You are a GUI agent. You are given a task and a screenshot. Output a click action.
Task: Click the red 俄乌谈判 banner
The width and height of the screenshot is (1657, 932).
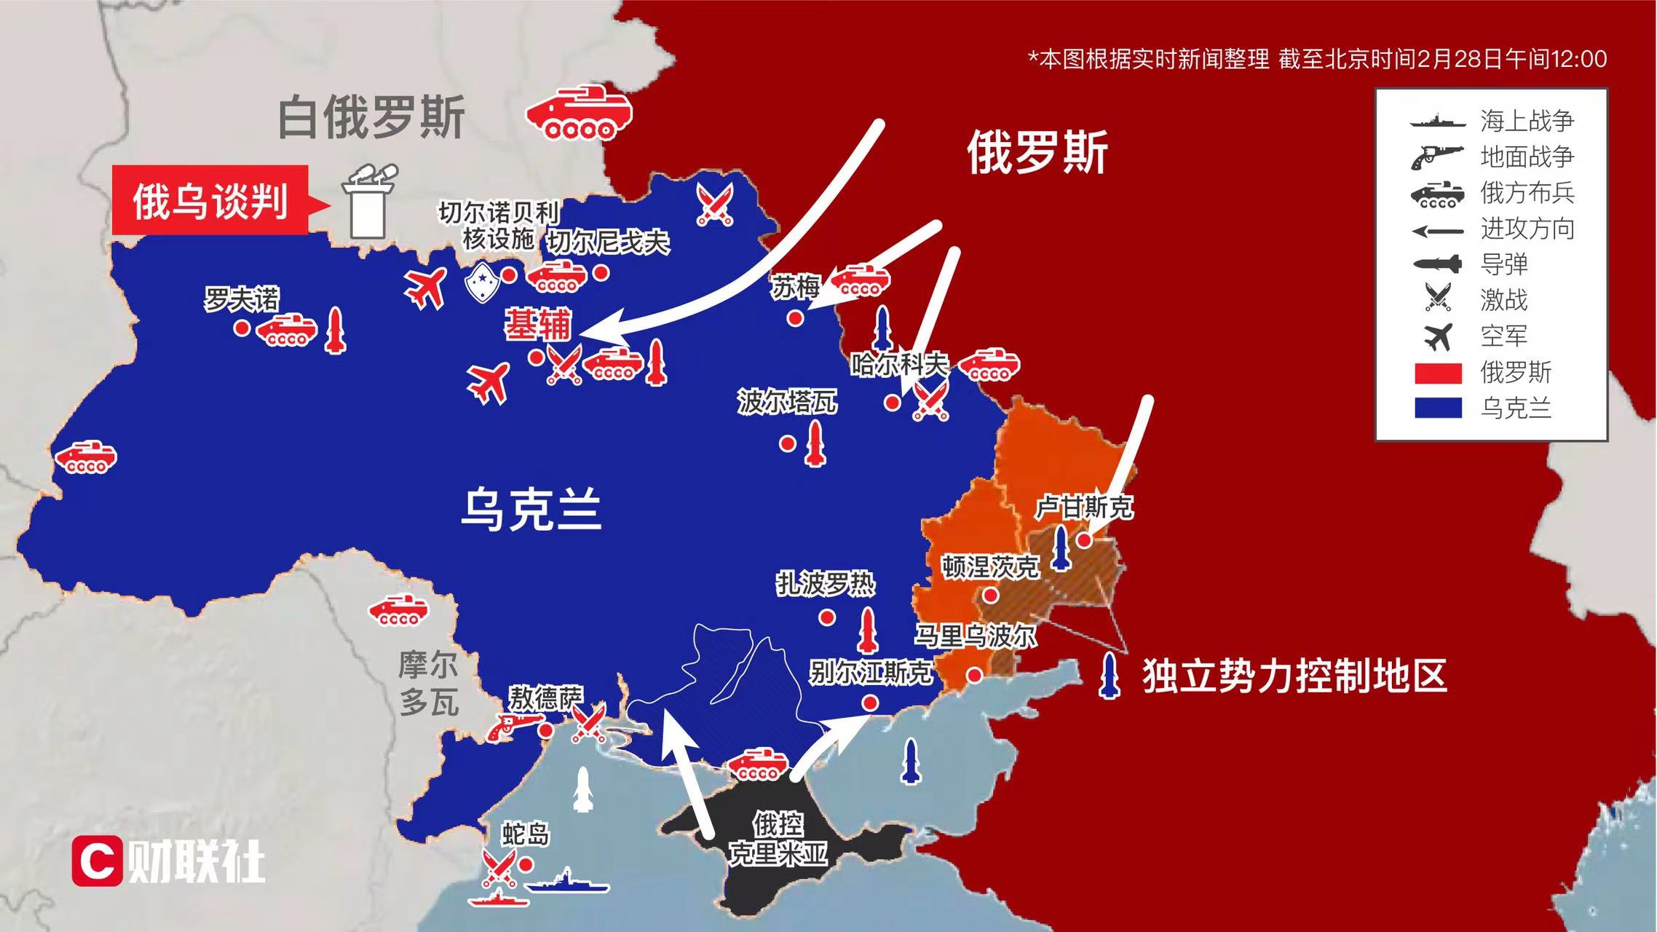pos(210,200)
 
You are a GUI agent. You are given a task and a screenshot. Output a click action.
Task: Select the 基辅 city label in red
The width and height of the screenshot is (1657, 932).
pos(538,325)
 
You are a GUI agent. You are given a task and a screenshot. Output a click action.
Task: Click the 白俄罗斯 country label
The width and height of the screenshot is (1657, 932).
pos(371,118)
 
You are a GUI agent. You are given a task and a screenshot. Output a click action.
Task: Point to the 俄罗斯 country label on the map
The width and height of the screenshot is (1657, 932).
pos(1037,152)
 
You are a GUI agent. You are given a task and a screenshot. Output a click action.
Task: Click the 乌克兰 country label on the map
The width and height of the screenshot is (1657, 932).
pos(531,510)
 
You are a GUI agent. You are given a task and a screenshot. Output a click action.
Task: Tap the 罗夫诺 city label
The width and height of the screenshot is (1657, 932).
pos(241,299)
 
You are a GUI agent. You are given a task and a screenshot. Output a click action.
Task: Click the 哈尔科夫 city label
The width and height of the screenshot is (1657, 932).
pos(900,363)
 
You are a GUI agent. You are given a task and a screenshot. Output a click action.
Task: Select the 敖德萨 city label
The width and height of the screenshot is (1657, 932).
pos(545,698)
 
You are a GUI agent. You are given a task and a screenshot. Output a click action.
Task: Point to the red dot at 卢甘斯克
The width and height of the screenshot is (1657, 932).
pos(1084,540)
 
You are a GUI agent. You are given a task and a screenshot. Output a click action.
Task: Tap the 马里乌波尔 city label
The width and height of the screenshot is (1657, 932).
pos(976,636)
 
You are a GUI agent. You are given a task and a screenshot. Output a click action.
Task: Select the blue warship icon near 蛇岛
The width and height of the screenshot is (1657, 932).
pos(566,884)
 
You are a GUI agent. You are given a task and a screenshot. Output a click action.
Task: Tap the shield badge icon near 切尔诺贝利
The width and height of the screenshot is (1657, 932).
pos(481,282)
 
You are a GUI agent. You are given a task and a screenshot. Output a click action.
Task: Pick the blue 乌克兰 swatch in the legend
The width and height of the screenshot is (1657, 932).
pos(1438,408)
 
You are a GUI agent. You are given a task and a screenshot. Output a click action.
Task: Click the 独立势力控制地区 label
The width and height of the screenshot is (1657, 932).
pos(1293,676)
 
